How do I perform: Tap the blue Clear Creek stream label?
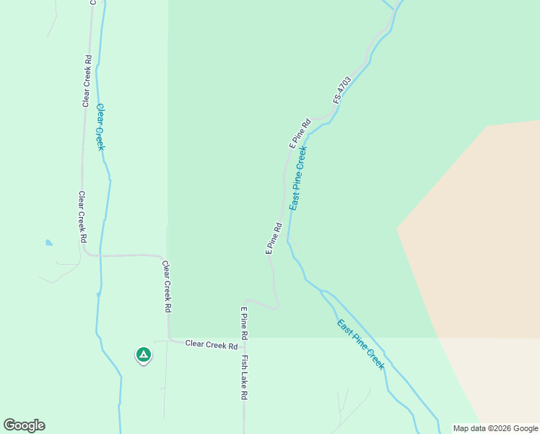[100, 126]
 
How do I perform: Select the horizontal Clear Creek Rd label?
[212, 345]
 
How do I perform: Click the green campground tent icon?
[143, 354]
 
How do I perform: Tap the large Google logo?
[24, 425]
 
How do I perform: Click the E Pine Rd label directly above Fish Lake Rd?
[244, 323]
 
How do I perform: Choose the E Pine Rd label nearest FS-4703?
[300, 133]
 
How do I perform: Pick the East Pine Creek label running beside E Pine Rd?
[298, 178]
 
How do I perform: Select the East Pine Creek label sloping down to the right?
[361, 344]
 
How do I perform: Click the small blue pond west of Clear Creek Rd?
[48, 243]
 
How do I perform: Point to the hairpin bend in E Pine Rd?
[276, 305]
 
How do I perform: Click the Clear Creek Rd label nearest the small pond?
[83, 216]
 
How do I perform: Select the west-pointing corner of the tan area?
[397, 229]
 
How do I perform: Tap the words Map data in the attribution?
[471, 428]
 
